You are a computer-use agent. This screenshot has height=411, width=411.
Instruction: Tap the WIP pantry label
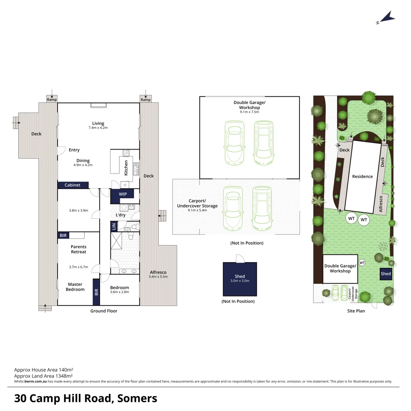point(123,194)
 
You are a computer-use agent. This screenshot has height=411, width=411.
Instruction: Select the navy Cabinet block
point(73,185)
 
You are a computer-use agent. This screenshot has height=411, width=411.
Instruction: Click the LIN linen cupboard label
point(114,227)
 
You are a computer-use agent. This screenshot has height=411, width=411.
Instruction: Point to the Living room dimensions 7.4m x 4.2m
point(98,128)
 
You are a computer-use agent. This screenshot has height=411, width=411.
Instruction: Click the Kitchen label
point(126,167)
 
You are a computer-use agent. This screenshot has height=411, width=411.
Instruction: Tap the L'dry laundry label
point(120,215)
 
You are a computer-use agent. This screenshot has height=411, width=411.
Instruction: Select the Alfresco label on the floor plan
point(158,272)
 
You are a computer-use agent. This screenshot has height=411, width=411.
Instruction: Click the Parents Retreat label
point(78,249)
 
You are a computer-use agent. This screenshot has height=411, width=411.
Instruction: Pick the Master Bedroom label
point(75,287)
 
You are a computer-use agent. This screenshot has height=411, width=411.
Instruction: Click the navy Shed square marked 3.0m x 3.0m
point(240,279)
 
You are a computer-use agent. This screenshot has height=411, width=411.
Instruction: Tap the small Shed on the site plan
point(386,274)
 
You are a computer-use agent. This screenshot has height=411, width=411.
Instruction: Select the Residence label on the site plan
point(362,177)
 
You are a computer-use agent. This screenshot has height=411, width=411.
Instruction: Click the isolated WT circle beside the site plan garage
point(362,263)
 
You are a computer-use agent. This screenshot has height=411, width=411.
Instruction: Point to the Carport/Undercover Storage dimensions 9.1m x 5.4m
point(197,210)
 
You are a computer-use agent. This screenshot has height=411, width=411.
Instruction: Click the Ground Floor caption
point(104,311)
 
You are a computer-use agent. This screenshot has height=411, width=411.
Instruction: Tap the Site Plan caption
point(356,311)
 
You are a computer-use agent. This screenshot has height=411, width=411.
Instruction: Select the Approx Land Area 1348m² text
point(43,376)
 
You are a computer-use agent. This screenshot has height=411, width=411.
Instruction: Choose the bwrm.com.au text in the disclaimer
point(35,381)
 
